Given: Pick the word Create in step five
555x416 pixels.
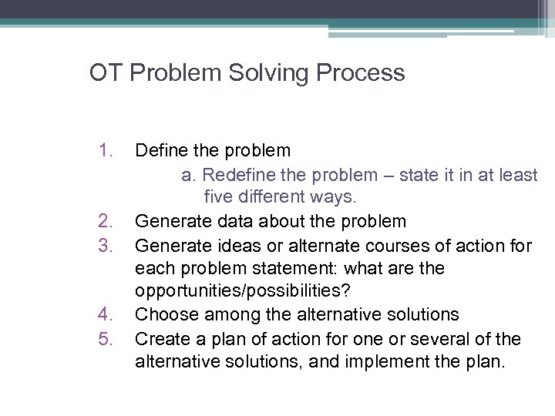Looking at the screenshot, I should pyautogui.click(x=160, y=339).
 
